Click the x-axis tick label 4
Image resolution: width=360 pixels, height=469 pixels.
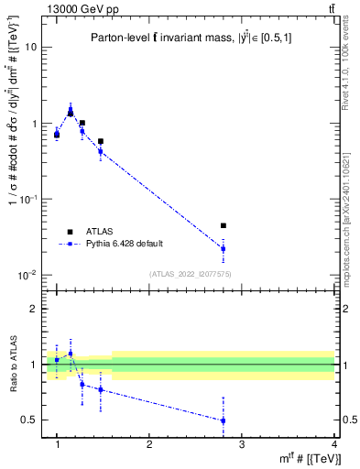334,443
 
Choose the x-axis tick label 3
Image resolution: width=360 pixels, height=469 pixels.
242,443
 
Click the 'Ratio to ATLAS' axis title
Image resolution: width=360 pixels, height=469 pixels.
13,365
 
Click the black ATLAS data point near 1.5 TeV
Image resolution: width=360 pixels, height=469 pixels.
100,142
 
